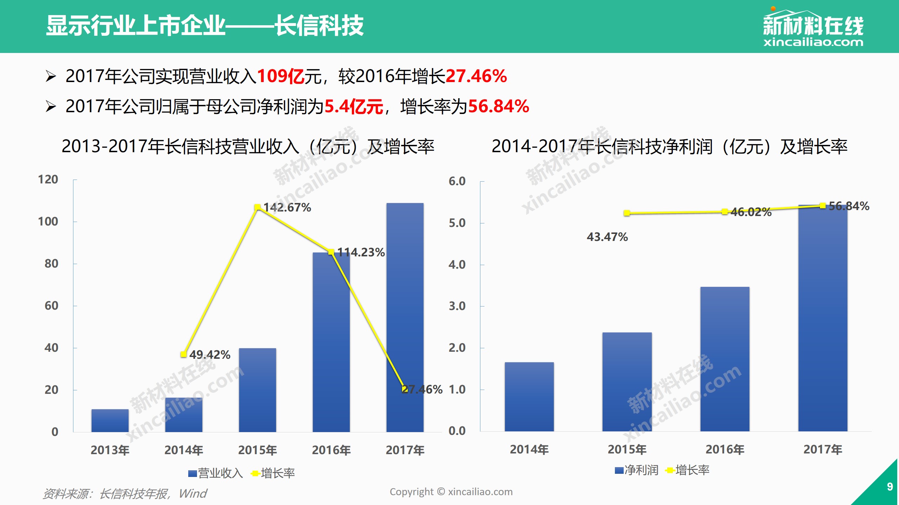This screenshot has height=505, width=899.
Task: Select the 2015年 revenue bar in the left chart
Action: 257,389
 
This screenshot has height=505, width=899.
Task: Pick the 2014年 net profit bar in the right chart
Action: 529,396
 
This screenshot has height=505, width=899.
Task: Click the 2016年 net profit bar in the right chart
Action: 725,358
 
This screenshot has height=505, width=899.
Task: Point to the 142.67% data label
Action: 287,208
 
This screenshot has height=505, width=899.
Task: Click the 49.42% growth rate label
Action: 210,355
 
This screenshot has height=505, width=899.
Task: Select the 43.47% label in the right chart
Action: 607,237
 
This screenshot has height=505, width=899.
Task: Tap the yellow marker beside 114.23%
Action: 331,252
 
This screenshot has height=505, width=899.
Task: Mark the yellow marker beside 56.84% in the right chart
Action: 822,206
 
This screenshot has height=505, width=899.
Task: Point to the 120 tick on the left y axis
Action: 48,180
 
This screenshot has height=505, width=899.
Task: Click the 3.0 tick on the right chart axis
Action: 457,306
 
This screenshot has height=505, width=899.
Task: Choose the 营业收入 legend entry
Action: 216,473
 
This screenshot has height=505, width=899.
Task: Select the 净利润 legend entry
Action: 637,470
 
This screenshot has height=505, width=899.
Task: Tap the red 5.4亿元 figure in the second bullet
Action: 354,106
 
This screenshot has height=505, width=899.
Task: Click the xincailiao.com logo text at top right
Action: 813,42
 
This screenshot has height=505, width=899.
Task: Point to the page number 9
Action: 890,486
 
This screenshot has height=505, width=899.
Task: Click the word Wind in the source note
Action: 193,493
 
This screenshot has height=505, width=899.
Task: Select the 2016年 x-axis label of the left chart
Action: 331,450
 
